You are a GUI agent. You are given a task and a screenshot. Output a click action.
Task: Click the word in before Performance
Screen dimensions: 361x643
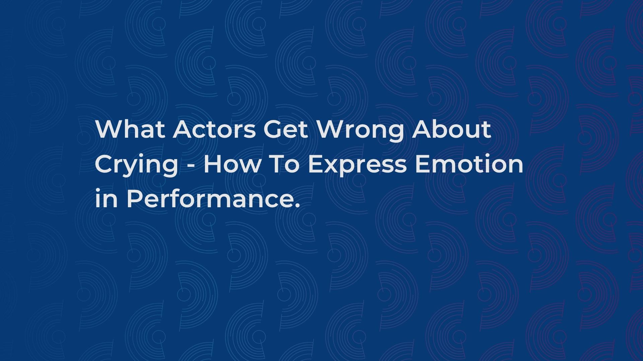tap(106, 199)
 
